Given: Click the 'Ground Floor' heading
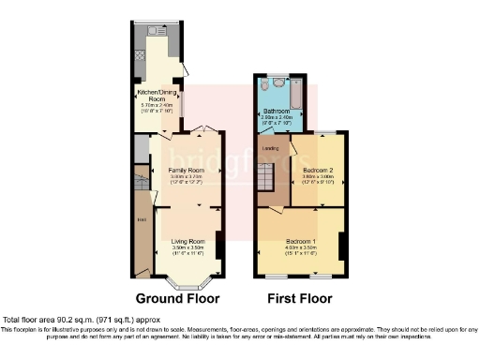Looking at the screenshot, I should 177,299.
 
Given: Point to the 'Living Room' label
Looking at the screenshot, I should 187,241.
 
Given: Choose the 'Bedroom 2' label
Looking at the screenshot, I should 319,170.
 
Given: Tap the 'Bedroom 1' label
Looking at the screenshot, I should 300,241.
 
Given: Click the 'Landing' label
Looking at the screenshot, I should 268,147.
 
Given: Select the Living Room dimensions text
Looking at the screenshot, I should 187,250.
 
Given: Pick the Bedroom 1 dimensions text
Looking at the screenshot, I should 300,250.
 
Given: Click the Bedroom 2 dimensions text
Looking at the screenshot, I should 319,179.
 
